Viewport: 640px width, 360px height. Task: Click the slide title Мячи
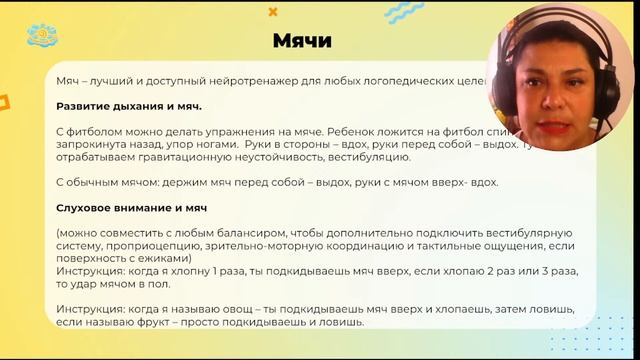302,40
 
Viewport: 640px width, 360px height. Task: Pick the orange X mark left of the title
273,12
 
